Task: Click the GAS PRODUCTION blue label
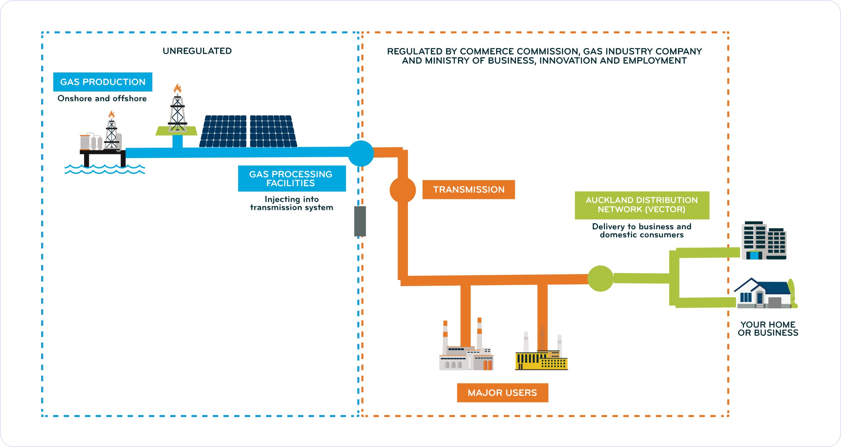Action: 102,82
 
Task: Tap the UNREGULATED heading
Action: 197,51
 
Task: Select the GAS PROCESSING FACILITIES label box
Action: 292,179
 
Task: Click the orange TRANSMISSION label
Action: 469,189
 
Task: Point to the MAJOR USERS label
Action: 502,393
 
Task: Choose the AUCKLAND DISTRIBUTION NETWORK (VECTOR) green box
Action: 642,205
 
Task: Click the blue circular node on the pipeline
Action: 361,153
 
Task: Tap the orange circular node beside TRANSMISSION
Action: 402,190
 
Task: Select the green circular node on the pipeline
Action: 600,279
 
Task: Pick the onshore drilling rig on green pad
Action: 177,116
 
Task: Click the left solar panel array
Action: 224,131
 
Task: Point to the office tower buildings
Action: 764,241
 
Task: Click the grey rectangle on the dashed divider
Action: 360,221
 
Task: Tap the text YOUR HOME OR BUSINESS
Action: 768,329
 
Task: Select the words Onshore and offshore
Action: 102,99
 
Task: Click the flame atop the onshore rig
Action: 177,89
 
